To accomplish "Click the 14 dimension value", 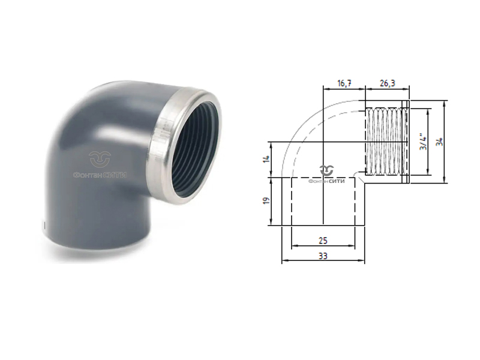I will coord(266,160).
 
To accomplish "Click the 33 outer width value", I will coord(323,256).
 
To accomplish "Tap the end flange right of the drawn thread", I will coord(407,142).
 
